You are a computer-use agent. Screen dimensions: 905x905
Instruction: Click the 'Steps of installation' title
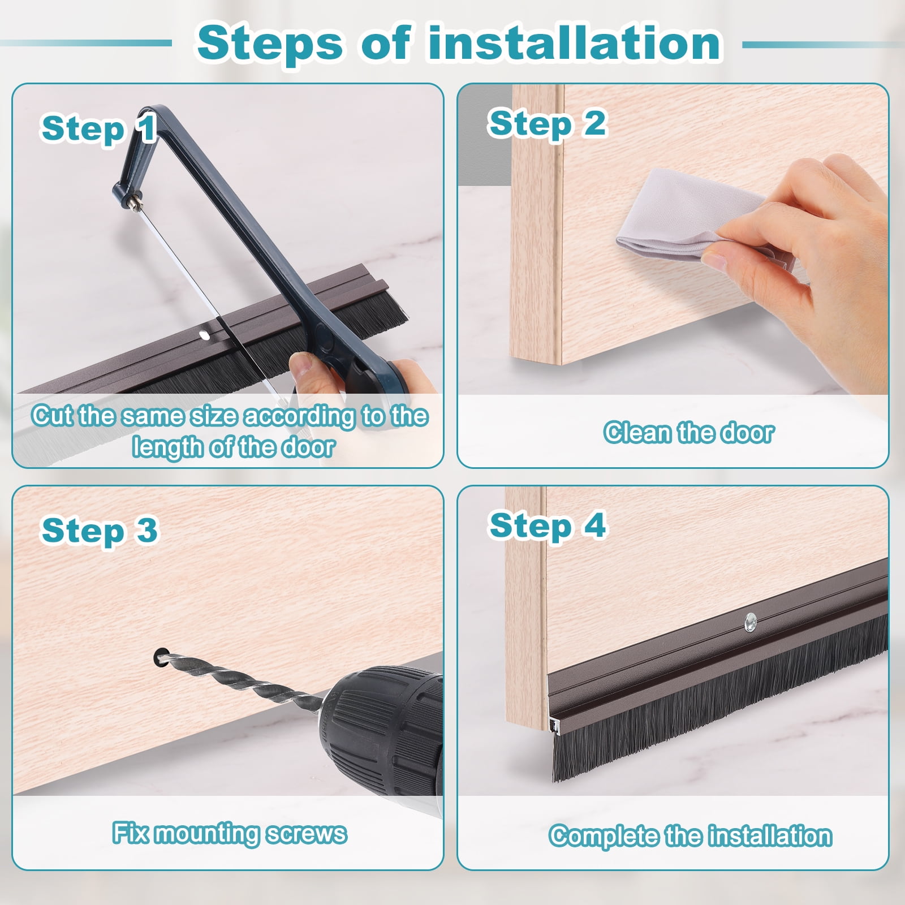[459, 43]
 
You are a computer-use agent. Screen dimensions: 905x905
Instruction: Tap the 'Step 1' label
[99, 128]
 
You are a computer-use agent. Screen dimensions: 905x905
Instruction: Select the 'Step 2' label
[547, 123]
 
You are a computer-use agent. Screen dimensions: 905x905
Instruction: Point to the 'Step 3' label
[100, 530]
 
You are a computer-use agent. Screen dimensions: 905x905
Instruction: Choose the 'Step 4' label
[548, 525]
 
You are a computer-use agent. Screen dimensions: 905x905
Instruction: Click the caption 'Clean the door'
[688, 433]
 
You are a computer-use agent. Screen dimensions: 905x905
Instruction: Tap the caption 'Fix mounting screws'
[229, 833]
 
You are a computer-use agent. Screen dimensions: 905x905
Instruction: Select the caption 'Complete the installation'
[690, 836]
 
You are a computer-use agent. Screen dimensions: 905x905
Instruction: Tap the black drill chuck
[385, 730]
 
